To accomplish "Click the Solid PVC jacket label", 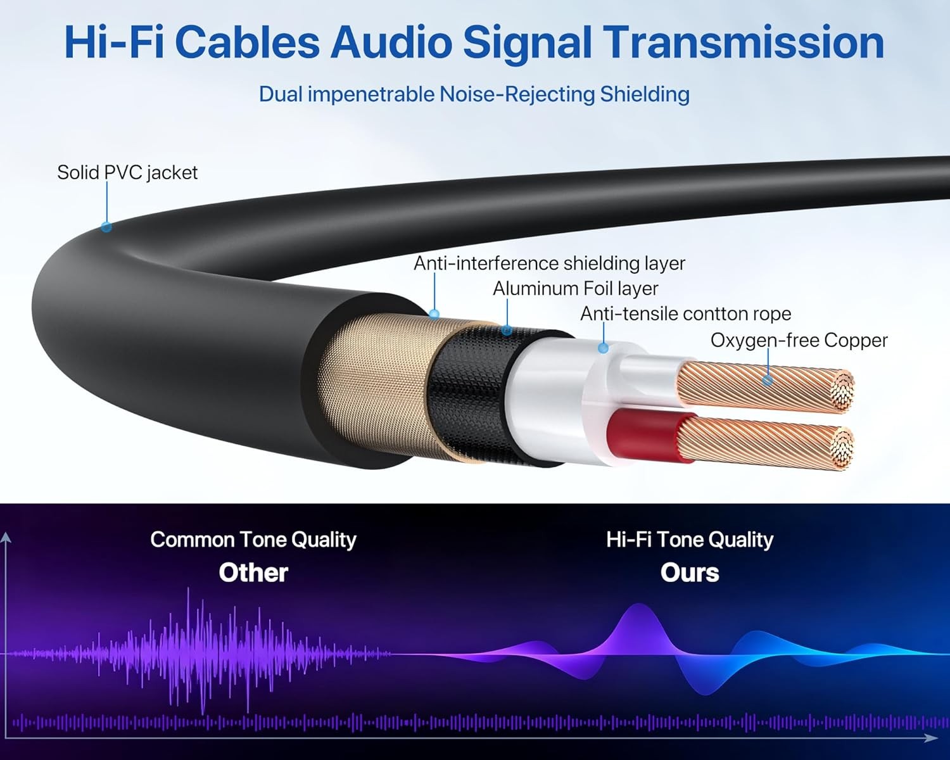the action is click(x=127, y=172).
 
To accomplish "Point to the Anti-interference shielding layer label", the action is click(x=549, y=263).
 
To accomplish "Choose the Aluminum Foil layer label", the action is click(x=575, y=289).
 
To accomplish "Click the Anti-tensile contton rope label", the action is click(x=685, y=314).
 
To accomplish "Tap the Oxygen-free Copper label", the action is click(x=799, y=340).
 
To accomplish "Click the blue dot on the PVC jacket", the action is click(x=106, y=227).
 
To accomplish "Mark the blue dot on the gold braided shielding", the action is click(x=434, y=313).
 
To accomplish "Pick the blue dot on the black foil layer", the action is click(x=507, y=330).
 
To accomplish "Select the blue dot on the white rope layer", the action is click(x=604, y=348).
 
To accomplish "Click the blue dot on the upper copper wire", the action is click(x=768, y=380).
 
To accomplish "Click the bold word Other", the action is click(x=253, y=573).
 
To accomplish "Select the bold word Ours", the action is click(x=690, y=573).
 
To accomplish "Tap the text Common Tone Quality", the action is click(x=253, y=540).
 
